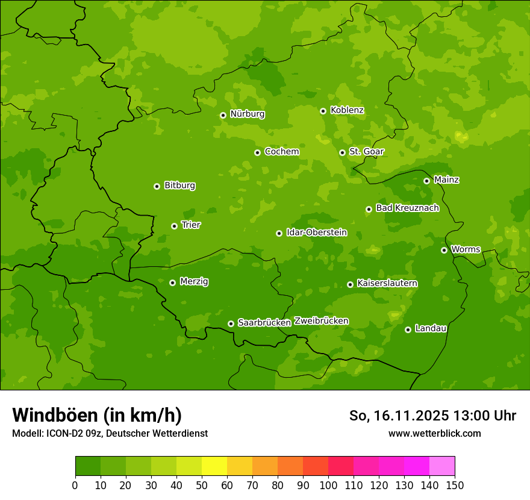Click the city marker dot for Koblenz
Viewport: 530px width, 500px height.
coord(323,111)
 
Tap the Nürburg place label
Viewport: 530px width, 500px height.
coord(247,114)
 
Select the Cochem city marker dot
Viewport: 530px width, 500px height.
coord(257,152)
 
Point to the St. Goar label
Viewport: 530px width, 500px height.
coord(366,151)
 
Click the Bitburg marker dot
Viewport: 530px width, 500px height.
coord(157,186)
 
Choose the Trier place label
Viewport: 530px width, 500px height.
coord(191,225)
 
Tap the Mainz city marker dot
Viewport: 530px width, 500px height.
coord(426,181)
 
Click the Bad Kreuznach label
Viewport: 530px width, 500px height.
coord(407,208)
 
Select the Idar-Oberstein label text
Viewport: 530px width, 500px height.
coord(316,233)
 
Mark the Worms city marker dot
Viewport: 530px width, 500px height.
coord(444,250)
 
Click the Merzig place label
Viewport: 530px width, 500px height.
coord(194,281)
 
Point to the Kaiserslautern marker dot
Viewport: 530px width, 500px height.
coord(350,284)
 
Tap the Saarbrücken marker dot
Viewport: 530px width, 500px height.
coord(231,323)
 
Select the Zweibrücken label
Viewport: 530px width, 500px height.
coord(321,320)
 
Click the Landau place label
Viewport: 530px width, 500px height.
coord(431,328)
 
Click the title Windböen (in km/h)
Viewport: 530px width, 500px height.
coord(97,415)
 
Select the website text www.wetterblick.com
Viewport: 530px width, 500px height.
coord(434,433)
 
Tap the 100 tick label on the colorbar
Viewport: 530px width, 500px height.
coord(328,485)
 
